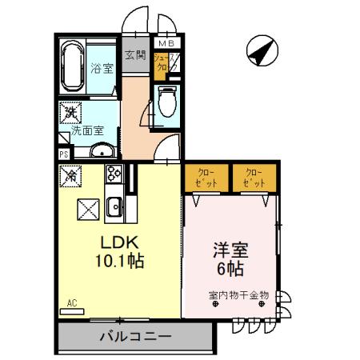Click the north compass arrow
261,50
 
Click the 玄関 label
134,56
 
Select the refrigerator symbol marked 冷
70,174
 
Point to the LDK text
118,242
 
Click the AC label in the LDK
71,302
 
